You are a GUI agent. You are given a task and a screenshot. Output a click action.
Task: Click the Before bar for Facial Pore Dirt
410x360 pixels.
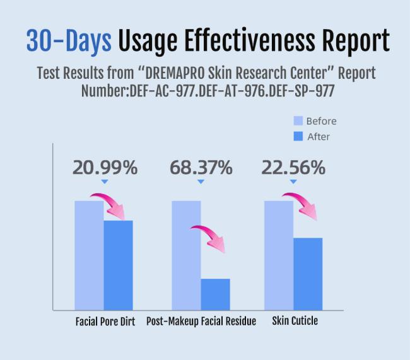89,255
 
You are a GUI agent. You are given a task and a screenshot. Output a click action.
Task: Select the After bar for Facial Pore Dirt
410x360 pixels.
118,265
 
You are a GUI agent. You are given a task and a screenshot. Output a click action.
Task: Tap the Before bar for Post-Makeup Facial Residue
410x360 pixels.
186,255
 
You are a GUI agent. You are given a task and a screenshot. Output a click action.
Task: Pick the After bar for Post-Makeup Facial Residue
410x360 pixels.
215,294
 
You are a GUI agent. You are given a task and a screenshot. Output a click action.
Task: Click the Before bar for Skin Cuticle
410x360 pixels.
278,255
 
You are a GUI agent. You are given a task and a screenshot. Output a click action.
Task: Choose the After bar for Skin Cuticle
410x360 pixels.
307,273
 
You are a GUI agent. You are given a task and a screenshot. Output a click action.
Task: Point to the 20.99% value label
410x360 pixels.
105,168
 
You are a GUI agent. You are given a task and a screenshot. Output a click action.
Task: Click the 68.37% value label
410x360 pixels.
201,168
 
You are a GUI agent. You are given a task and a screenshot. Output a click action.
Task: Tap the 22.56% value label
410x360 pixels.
293,168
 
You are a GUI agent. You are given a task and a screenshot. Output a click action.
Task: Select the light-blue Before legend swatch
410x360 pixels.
298,121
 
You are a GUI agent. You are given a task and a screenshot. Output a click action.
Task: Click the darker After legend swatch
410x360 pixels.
298,136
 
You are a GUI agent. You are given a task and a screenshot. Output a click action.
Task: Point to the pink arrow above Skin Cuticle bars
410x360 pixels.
301,205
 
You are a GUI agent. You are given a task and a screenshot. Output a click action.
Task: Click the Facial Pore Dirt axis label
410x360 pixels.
105,322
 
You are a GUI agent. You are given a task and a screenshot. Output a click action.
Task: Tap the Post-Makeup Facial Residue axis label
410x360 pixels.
201,322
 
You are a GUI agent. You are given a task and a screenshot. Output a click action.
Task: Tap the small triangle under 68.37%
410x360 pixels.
201,182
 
